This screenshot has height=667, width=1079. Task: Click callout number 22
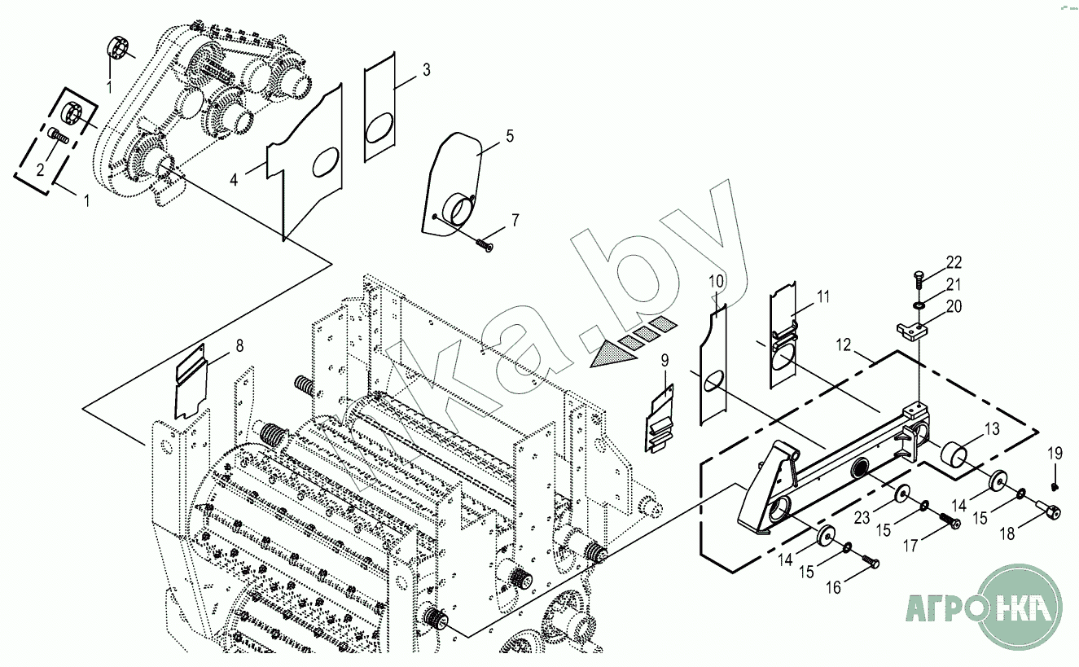coord(954,262)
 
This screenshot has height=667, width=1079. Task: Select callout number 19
coord(1055,454)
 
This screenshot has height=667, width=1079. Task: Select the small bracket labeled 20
coord(912,330)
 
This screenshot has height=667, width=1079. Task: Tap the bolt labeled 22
coord(918,279)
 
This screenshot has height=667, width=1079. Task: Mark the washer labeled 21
coord(919,305)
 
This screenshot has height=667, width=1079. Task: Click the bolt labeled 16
coord(871,561)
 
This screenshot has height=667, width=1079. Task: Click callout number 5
coord(510,136)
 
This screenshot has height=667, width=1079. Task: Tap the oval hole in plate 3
coord(379,130)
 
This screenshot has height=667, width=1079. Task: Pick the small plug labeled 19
coord(1055,486)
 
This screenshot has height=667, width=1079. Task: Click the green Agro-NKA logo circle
coord(1020,607)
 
